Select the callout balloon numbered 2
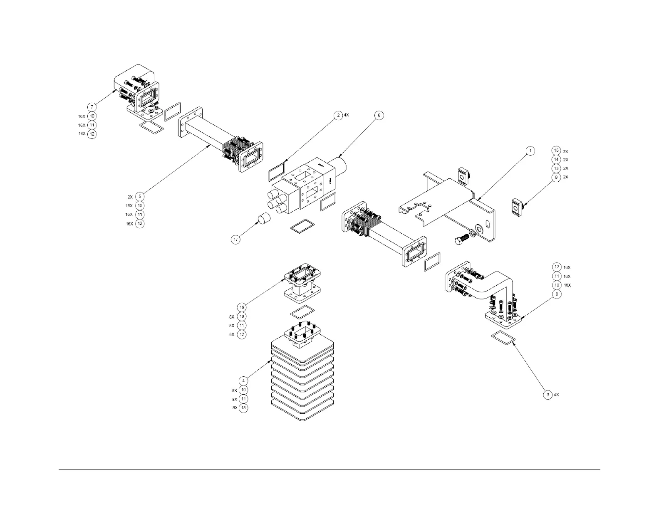338,115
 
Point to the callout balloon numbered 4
243,381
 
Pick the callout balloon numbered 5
140,196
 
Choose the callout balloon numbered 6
378,115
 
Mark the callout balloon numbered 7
92,106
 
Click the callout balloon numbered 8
557,294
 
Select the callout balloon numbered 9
556,177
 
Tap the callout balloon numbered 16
242,307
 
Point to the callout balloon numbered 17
236,239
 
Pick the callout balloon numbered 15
556,151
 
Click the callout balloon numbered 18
243,408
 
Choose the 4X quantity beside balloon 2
346,115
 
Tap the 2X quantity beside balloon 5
130,196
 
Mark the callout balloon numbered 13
556,168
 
